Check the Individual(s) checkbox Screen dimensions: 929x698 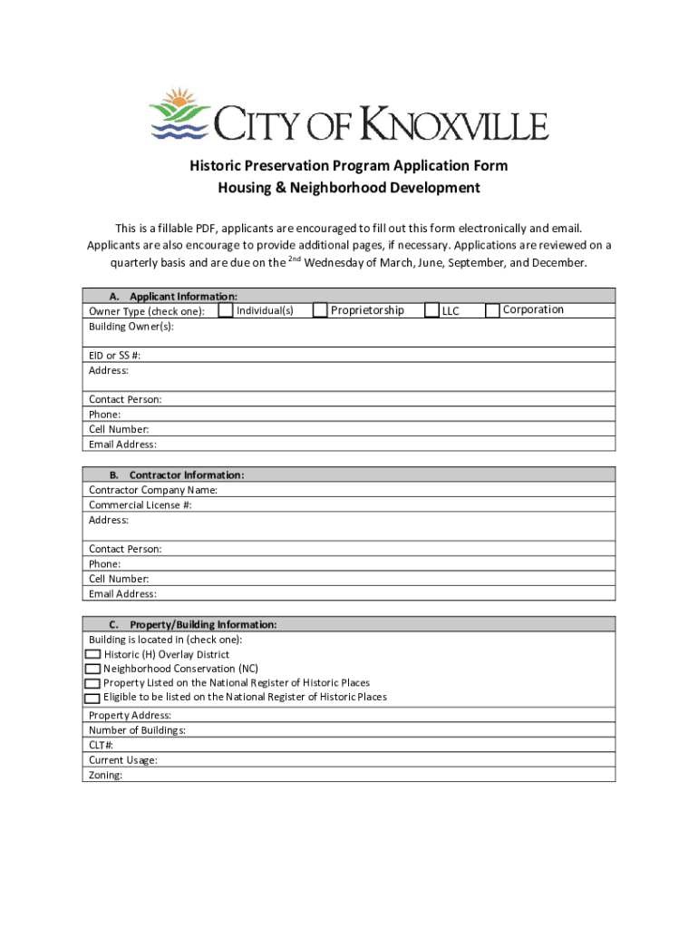(226, 310)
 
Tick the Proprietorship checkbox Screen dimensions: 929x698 (320, 310)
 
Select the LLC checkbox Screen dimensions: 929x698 (431, 310)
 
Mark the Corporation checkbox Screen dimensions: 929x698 (492, 310)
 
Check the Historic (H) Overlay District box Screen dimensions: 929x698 (92, 654)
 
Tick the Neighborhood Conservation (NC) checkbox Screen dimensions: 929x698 (92, 669)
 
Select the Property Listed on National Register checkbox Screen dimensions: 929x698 (92, 683)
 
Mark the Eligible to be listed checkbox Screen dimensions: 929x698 (92, 698)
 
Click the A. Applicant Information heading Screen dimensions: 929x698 (173, 296)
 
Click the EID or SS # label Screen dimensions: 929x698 (114, 356)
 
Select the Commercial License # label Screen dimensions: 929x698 (141, 504)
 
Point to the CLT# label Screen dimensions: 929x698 (102, 745)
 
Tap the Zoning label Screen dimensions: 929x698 (106, 775)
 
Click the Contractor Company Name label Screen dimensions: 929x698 (153, 490)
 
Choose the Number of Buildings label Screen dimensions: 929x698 (138, 730)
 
